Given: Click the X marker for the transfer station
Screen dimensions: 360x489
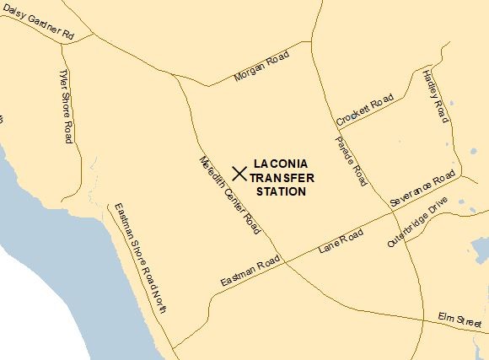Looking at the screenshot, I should click(x=239, y=174).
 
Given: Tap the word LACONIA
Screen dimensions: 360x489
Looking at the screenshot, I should click(x=282, y=163).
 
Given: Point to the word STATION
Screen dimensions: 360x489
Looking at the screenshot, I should click(x=281, y=191).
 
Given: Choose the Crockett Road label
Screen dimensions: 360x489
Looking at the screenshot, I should click(x=364, y=110).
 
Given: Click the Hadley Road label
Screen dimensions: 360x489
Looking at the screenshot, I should click(x=433, y=95).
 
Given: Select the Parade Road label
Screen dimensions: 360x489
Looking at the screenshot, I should click(x=352, y=161).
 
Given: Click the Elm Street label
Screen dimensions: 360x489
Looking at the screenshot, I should click(x=459, y=320).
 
